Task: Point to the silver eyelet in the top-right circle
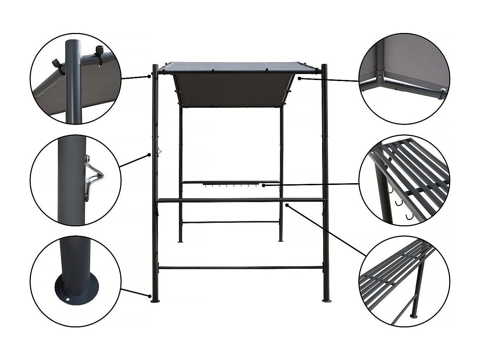click(x=444, y=90)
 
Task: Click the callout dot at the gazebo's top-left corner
click(x=149, y=76)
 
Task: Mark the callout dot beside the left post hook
click(x=149, y=154)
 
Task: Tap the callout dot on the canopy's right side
click(x=299, y=78)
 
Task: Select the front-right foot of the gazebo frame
click(x=326, y=300)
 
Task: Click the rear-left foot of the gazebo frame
click(x=181, y=241)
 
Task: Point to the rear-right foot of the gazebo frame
click(x=281, y=241)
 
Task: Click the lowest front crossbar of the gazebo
click(x=240, y=268)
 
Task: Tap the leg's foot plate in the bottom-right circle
click(x=414, y=316)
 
